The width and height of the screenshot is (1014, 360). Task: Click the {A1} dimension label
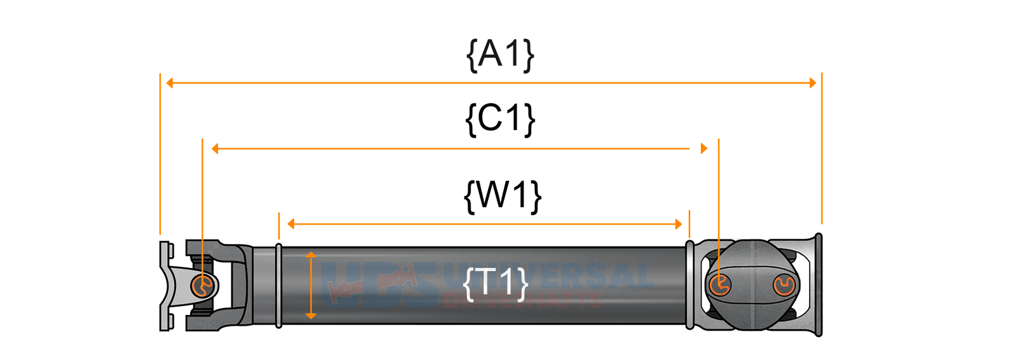pyautogui.click(x=500, y=55)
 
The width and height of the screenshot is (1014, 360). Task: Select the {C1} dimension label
pyautogui.click(x=500, y=119)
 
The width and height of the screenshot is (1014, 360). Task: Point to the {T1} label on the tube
pyautogui.click(x=496, y=283)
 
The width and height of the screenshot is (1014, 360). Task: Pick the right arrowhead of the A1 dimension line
pyautogui.click(x=812, y=82)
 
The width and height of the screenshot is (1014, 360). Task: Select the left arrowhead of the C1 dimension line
pyautogui.click(x=215, y=148)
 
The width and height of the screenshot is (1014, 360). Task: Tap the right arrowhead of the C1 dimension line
pyautogui.click(x=703, y=148)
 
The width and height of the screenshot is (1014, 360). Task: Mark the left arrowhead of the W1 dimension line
pyautogui.click(x=291, y=224)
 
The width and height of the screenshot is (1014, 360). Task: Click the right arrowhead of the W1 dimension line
pyautogui.click(x=678, y=224)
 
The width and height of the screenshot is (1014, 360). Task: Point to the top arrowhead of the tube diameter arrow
pyautogui.click(x=311, y=255)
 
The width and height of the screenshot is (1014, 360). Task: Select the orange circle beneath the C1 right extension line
pyautogui.click(x=719, y=285)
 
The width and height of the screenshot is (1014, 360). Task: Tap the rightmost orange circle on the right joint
pyautogui.click(x=784, y=285)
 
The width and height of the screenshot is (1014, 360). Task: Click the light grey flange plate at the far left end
pyautogui.click(x=165, y=285)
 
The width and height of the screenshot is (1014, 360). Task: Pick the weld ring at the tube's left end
pyautogui.click(x=278, y=285)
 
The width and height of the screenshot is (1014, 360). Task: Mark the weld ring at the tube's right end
pyautogui.click(x=690, y=285)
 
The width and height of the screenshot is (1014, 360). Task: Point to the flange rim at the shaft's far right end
pyautogui.click(x=818, y=285)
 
